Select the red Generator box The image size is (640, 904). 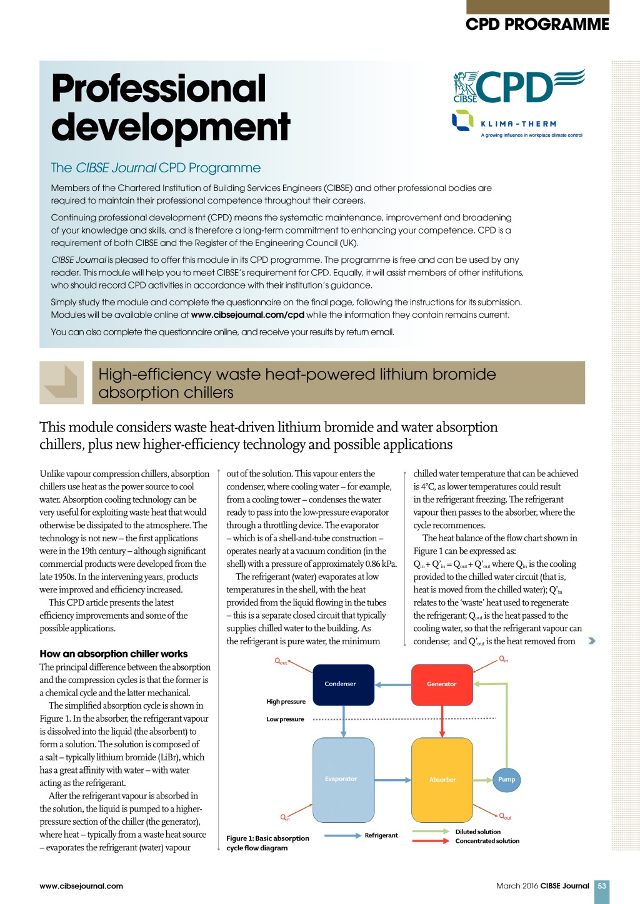(x=442, y=685)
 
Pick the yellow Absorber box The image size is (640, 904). (x=442, y=780)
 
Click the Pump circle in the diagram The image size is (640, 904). (x=506, y=779)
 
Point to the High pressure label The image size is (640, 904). (x=286, y=702)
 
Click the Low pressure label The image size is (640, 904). (x=285, y=719)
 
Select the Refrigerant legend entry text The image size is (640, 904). (x=381, y=835)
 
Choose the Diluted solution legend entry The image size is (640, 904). (x=478, y=832)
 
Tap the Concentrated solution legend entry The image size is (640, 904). (x=487, y=841)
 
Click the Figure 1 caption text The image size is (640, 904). (x=267, y=843)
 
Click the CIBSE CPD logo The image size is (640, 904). (x=518, y=87)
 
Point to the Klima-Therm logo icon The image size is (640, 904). (x=462, y=120)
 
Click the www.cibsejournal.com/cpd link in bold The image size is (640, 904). (x=247, y=315)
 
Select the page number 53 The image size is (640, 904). (x=602, y=886)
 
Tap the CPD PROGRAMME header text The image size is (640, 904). (x=537, y=24)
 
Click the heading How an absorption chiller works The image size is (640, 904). (x=113, y=654)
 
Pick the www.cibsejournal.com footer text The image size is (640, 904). (x=81, y=886)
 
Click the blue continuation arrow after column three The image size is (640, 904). (x=592, y=641)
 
